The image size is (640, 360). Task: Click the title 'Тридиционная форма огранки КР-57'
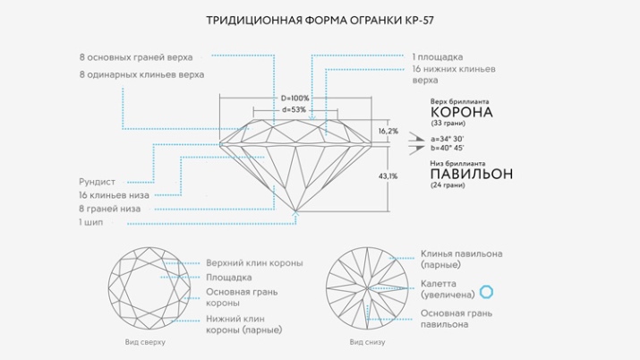[x=320, y=19]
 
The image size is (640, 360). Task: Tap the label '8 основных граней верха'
[x=135, y=56]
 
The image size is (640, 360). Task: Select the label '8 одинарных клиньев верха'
[x=141, y=74]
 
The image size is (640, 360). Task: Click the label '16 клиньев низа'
[x=113, y=194]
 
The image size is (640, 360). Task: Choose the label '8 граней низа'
[x=109, y=208]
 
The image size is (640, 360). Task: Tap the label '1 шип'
[x=92, y=221]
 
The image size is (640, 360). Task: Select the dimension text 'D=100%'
[x=294, y=98]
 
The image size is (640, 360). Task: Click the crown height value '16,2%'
[x=388, y=132]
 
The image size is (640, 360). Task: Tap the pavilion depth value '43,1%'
[x=388, y=176]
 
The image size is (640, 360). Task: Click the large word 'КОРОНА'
[x=462, y=113]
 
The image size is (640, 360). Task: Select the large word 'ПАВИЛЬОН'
[x=472, y=173]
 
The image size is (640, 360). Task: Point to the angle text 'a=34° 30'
[x=446, y=139]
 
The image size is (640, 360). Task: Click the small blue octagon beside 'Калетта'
[x=487, y=291]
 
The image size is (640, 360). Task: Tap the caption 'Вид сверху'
[x=144, y=342]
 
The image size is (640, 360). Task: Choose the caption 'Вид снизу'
[x=368, y=342]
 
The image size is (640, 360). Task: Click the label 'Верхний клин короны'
[x=254, y=262]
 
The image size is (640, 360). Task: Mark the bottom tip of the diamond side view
[x=296, y=212]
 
